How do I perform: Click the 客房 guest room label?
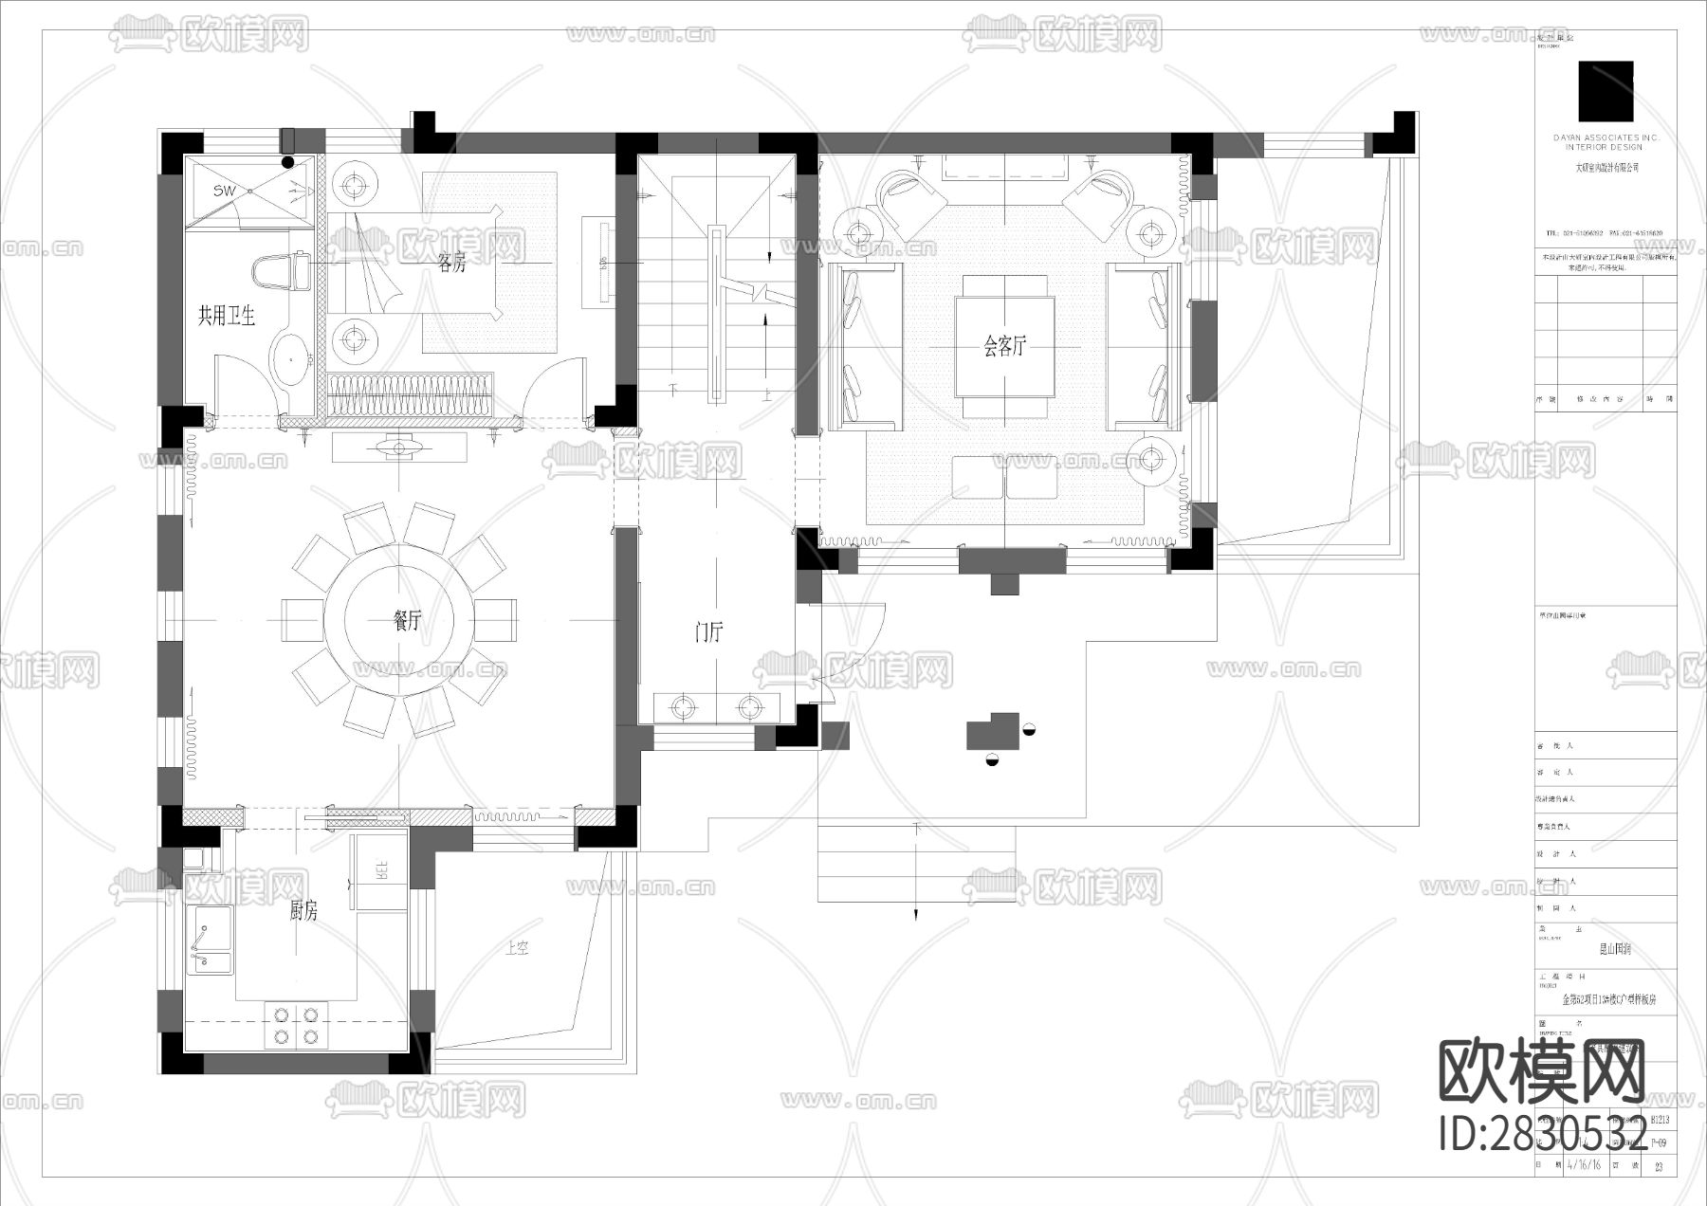(452, 264)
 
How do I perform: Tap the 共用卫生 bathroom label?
(226, 316)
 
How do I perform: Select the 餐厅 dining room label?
(407, 621)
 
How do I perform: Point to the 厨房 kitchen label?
(303, 911)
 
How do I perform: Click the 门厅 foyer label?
(708, 632)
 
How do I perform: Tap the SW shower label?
(224, 192)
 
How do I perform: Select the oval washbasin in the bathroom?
(291, 358)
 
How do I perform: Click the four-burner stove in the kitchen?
(296, 1026)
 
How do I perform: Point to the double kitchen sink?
(211, 941)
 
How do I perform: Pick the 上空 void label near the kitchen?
(517, 948)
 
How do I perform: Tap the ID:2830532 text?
(1543, 1135)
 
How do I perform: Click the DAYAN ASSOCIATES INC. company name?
(1606, 138)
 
